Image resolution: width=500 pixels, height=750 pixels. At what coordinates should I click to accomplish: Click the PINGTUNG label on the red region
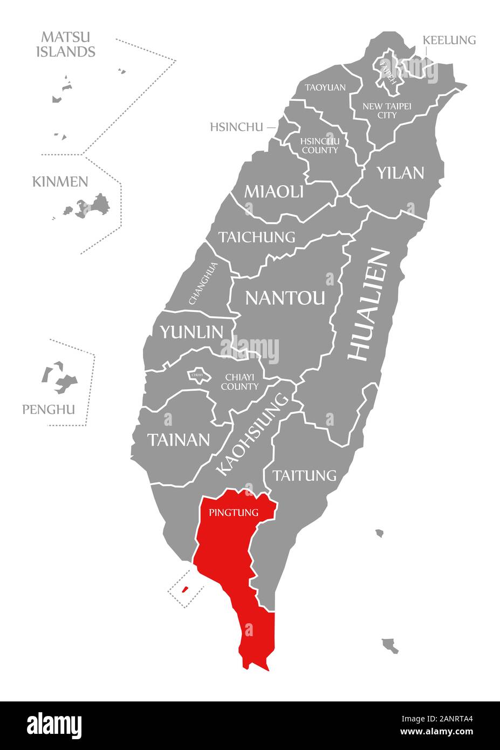[234, 513]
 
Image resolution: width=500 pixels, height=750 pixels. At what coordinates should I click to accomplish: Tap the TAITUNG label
[304, 475]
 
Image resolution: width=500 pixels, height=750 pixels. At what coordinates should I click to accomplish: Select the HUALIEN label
[369, 304]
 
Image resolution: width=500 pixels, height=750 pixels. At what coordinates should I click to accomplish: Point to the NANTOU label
[285, 297]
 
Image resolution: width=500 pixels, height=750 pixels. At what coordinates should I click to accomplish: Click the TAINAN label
[179, 440]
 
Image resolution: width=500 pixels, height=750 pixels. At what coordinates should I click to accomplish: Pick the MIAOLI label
[274, 191]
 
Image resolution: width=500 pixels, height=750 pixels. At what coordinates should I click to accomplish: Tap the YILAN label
[400, 173]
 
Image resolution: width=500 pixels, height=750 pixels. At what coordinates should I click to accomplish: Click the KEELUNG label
[449, 40]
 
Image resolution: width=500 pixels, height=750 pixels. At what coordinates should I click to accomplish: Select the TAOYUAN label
[325, 87]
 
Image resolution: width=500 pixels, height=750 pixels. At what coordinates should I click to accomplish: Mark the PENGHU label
[49, 410]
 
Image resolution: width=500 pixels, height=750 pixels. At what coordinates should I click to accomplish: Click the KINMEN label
[60, 181]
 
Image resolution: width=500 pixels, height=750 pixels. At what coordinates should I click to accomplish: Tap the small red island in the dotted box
[184, 589]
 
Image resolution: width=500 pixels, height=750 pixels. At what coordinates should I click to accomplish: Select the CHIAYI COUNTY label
[239, 381]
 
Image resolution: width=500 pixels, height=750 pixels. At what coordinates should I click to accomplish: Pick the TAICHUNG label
[257, 237]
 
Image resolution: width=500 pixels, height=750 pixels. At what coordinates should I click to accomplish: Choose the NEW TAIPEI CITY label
[387, 111]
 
